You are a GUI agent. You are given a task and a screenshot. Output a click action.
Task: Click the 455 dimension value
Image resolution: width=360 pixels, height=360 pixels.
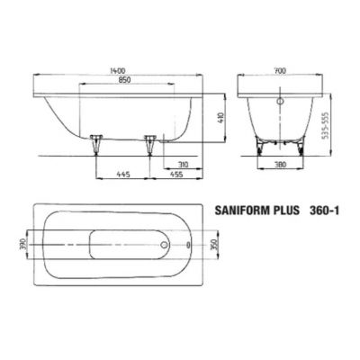(178, 174)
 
